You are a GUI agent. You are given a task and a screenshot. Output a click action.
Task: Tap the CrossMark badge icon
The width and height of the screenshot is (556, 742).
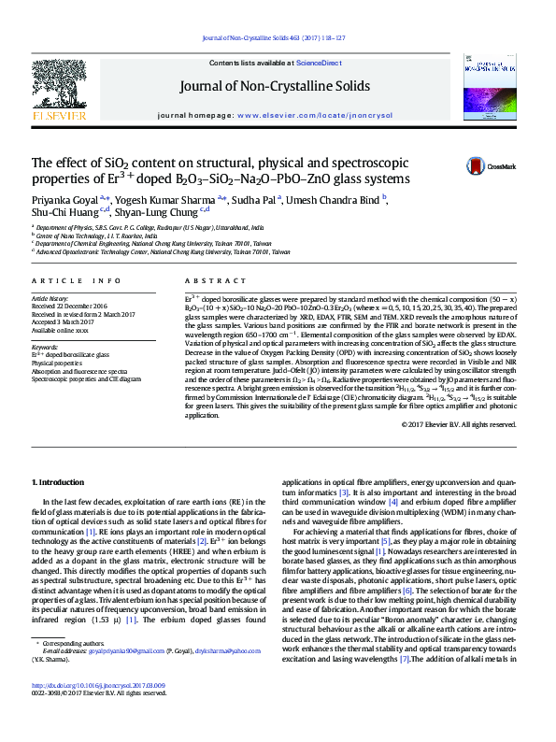pos(478,166)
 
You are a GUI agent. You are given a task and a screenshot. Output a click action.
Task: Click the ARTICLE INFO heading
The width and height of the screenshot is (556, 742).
pos(76,280)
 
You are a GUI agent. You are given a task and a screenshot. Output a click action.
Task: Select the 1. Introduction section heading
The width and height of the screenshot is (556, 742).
pos(59,482)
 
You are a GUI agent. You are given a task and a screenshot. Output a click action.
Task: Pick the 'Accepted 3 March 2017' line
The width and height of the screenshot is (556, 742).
pos(65,322)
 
